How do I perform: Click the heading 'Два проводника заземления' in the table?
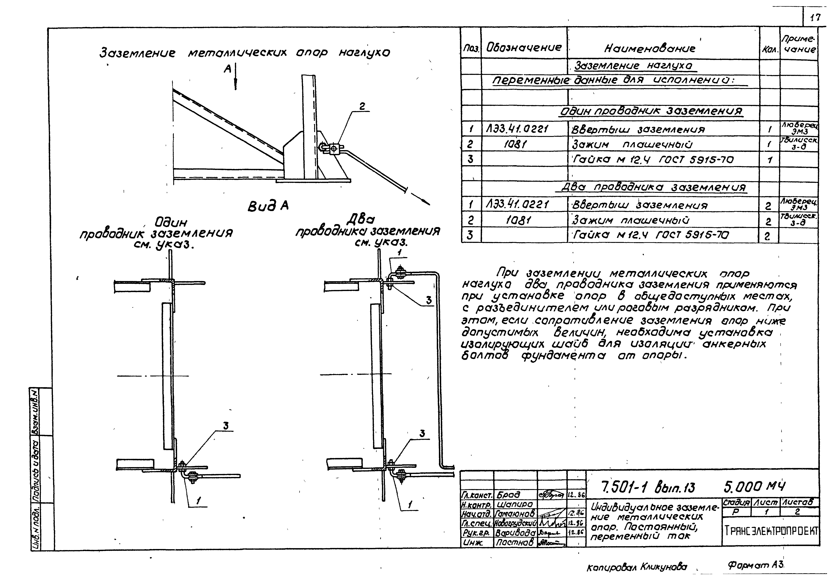click(654, 188)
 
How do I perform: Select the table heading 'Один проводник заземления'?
click(651, 111)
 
